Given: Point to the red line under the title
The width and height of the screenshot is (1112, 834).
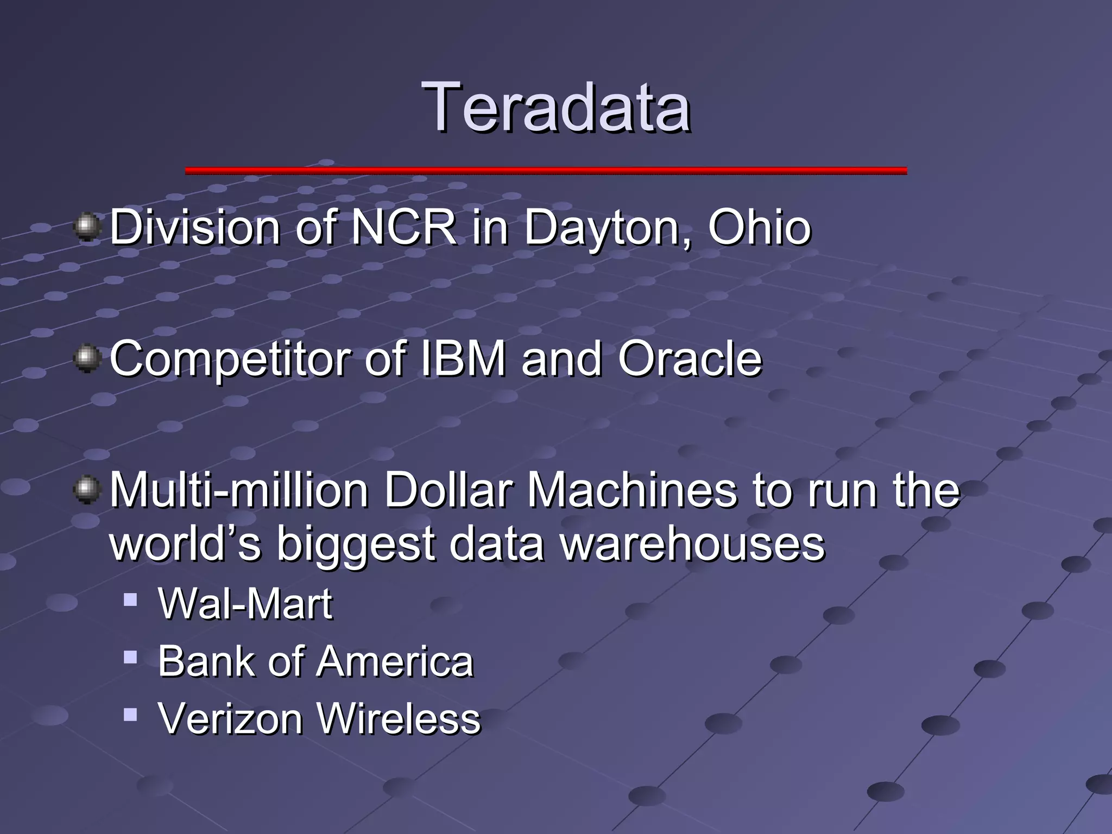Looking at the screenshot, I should point(546,170).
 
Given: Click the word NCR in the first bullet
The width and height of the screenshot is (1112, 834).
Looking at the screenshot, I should point(403,227).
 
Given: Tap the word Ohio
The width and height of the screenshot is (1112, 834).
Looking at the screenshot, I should point(759,227).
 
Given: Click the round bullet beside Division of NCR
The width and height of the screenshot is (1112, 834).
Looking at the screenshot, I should point(87,227).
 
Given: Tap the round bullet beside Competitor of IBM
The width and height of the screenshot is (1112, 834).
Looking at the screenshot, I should point(87,359).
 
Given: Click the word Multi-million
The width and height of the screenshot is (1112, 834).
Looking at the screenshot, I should point(239,490).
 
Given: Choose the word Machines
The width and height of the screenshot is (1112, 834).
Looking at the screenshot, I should point(633,490).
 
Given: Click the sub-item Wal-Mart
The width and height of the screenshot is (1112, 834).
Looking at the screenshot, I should point(245,604).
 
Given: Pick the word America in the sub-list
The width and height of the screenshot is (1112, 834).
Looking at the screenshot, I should point(395,662).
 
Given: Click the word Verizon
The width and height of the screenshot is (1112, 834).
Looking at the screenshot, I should point(230,718).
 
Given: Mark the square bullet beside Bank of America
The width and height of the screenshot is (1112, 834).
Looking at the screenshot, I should point(130,658).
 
